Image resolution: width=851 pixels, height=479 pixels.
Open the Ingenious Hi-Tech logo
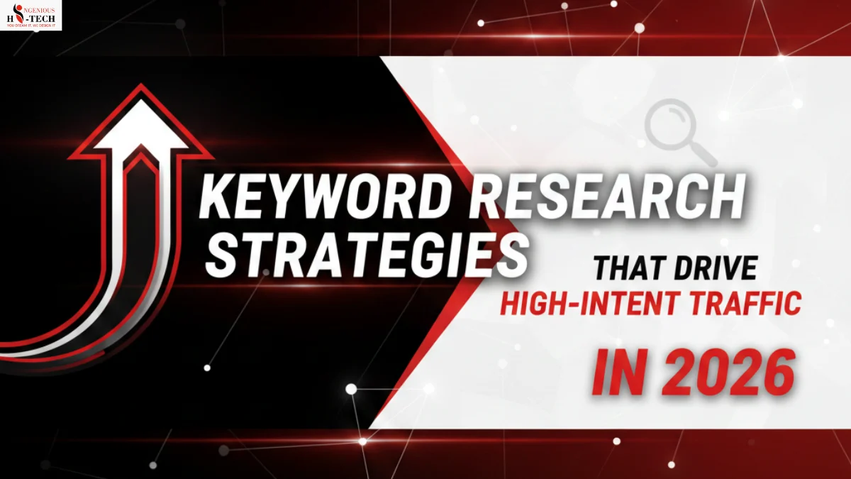32,15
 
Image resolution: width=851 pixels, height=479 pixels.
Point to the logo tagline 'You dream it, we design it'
32,26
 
